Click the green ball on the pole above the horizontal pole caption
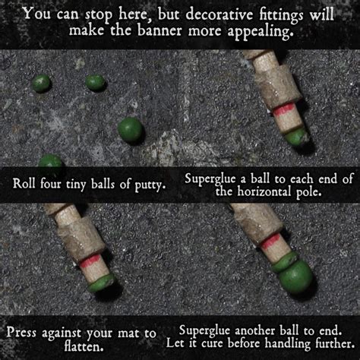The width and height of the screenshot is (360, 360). click(x=296, y=137)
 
